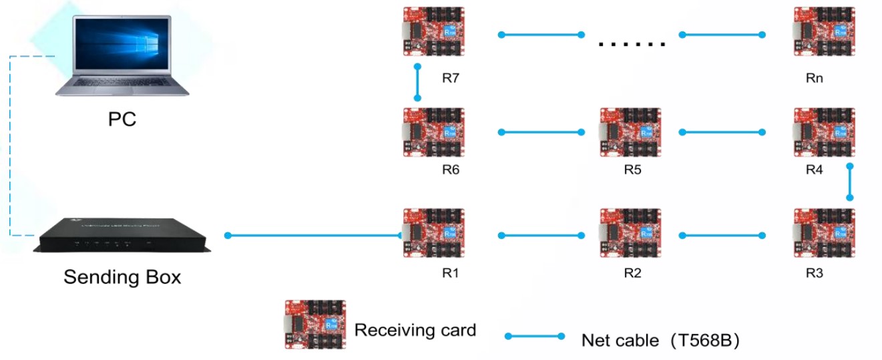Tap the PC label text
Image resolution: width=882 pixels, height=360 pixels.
[122, 120]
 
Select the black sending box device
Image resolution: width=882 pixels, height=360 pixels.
[122, 234]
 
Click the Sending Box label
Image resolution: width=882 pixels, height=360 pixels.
[122, 277]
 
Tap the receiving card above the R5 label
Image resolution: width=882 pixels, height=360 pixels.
[630, 132]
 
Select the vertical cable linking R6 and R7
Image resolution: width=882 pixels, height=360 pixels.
[417, 82]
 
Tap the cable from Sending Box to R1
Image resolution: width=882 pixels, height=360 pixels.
[314, 235]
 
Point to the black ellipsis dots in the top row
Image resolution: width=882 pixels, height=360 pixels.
[632, 45]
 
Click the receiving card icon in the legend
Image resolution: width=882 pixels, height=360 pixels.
[315, 325]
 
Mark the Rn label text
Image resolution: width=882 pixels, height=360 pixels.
[815, 78]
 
